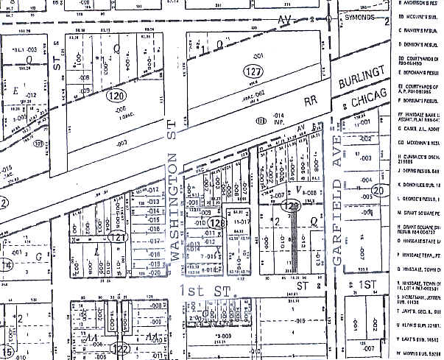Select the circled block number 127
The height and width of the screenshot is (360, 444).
253,72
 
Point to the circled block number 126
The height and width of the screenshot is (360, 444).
216,222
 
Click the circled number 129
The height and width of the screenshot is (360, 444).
293,208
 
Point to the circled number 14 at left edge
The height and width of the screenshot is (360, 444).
7,265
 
